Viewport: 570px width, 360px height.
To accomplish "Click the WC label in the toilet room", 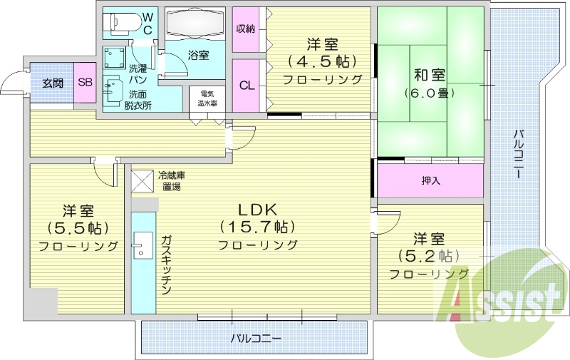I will tap(147, 23).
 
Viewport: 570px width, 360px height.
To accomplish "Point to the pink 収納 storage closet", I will tap(246, 29).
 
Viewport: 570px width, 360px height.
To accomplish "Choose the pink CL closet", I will tap(246, 86).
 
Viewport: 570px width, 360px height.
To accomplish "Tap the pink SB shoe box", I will tap(85, 83).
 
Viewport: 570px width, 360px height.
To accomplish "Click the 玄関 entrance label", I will tap(53, 83).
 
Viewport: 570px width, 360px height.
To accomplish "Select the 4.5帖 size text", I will tap(323, 61).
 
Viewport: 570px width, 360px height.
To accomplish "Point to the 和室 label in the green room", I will tap(430, 73).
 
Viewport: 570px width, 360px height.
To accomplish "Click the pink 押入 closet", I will tap(430, 180).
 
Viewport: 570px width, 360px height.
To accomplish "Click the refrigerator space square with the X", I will tap(142, 180).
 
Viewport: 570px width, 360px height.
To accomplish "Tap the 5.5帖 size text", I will tap(78, 229).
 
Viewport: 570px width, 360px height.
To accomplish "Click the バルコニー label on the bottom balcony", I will tap(256, 337).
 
